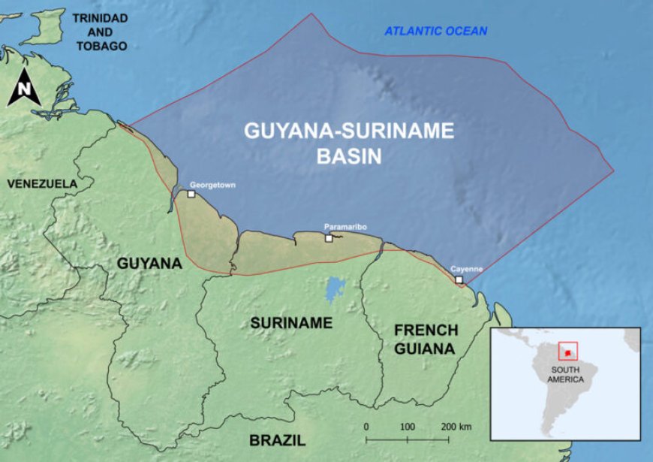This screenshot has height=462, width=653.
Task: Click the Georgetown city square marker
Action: (191, 194)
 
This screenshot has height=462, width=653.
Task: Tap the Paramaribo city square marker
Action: (329, 238)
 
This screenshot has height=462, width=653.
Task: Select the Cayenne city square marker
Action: (459, 280)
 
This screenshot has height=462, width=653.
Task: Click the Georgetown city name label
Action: (213, 184)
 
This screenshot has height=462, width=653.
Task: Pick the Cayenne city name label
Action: (466, 269)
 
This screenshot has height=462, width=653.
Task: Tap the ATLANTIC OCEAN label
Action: (436, 31)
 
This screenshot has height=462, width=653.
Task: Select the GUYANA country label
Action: (149, 264)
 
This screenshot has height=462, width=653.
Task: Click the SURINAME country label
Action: (291, 323)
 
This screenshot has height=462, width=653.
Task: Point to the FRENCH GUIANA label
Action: (425, 340)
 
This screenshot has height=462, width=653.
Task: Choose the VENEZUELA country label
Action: (42, 183)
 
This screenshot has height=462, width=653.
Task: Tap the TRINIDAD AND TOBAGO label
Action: (100, 32)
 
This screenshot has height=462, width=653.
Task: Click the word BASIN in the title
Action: (349, 156)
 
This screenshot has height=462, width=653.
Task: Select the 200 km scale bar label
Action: (456, 427)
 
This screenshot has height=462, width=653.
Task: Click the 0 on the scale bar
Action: (366, 427)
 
